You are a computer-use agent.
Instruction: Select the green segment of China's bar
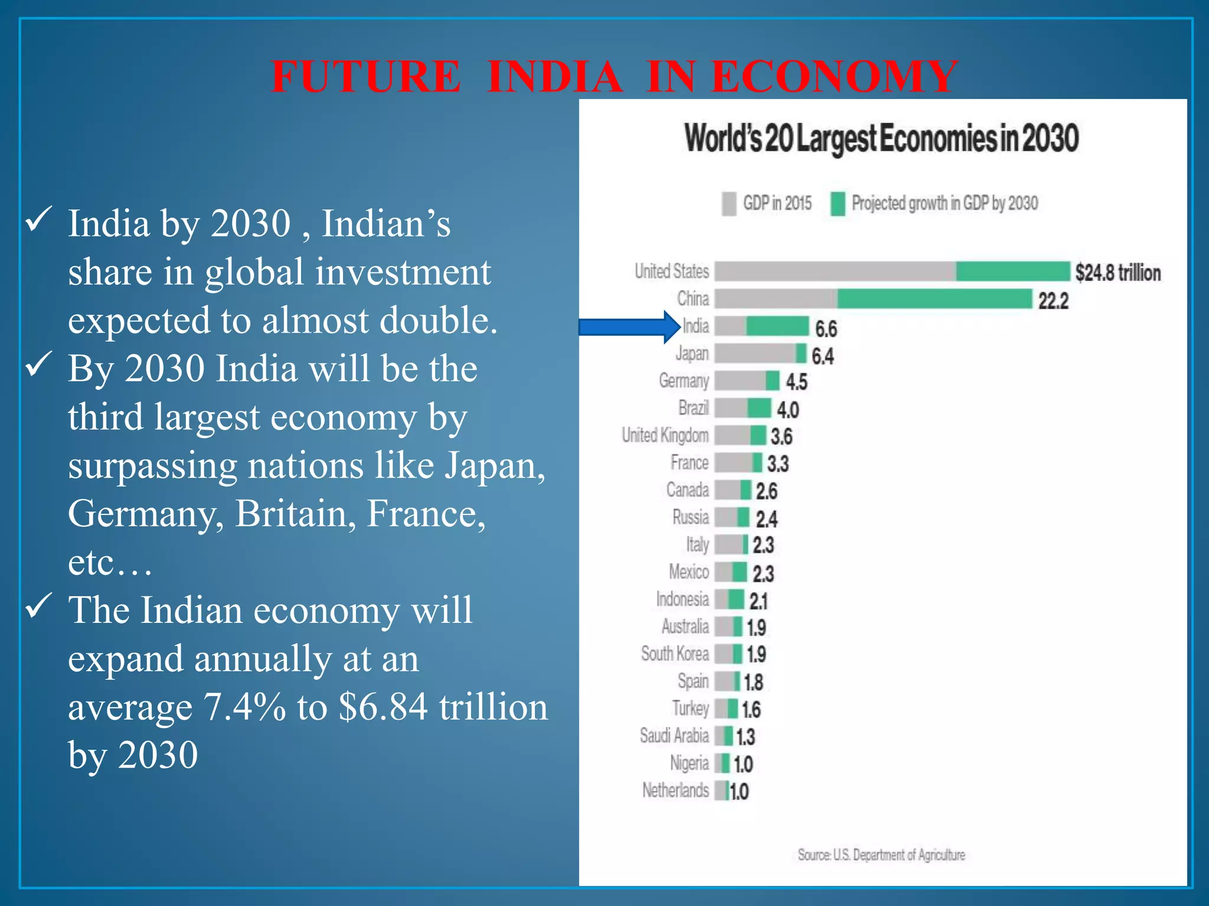[934, 299]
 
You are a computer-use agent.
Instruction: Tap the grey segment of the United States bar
[835, 271]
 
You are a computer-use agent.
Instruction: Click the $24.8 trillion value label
[1117, 273]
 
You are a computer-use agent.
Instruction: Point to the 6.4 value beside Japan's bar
[822, 356]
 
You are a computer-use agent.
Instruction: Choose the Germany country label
[684, 381]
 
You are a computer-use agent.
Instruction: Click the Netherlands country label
[675, 790]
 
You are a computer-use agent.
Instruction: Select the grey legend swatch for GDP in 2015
[728, 203]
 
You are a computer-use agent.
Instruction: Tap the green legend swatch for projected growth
[837, 203]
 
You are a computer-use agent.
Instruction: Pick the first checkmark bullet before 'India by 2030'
[39, 221]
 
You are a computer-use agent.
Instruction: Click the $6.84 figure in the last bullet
[383, 707]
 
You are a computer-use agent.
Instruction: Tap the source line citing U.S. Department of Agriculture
[881, 855]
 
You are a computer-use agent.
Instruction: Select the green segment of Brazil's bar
[759, 408]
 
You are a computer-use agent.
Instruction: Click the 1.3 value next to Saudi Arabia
[745, 737]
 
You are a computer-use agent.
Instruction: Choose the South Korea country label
[675, 654]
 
